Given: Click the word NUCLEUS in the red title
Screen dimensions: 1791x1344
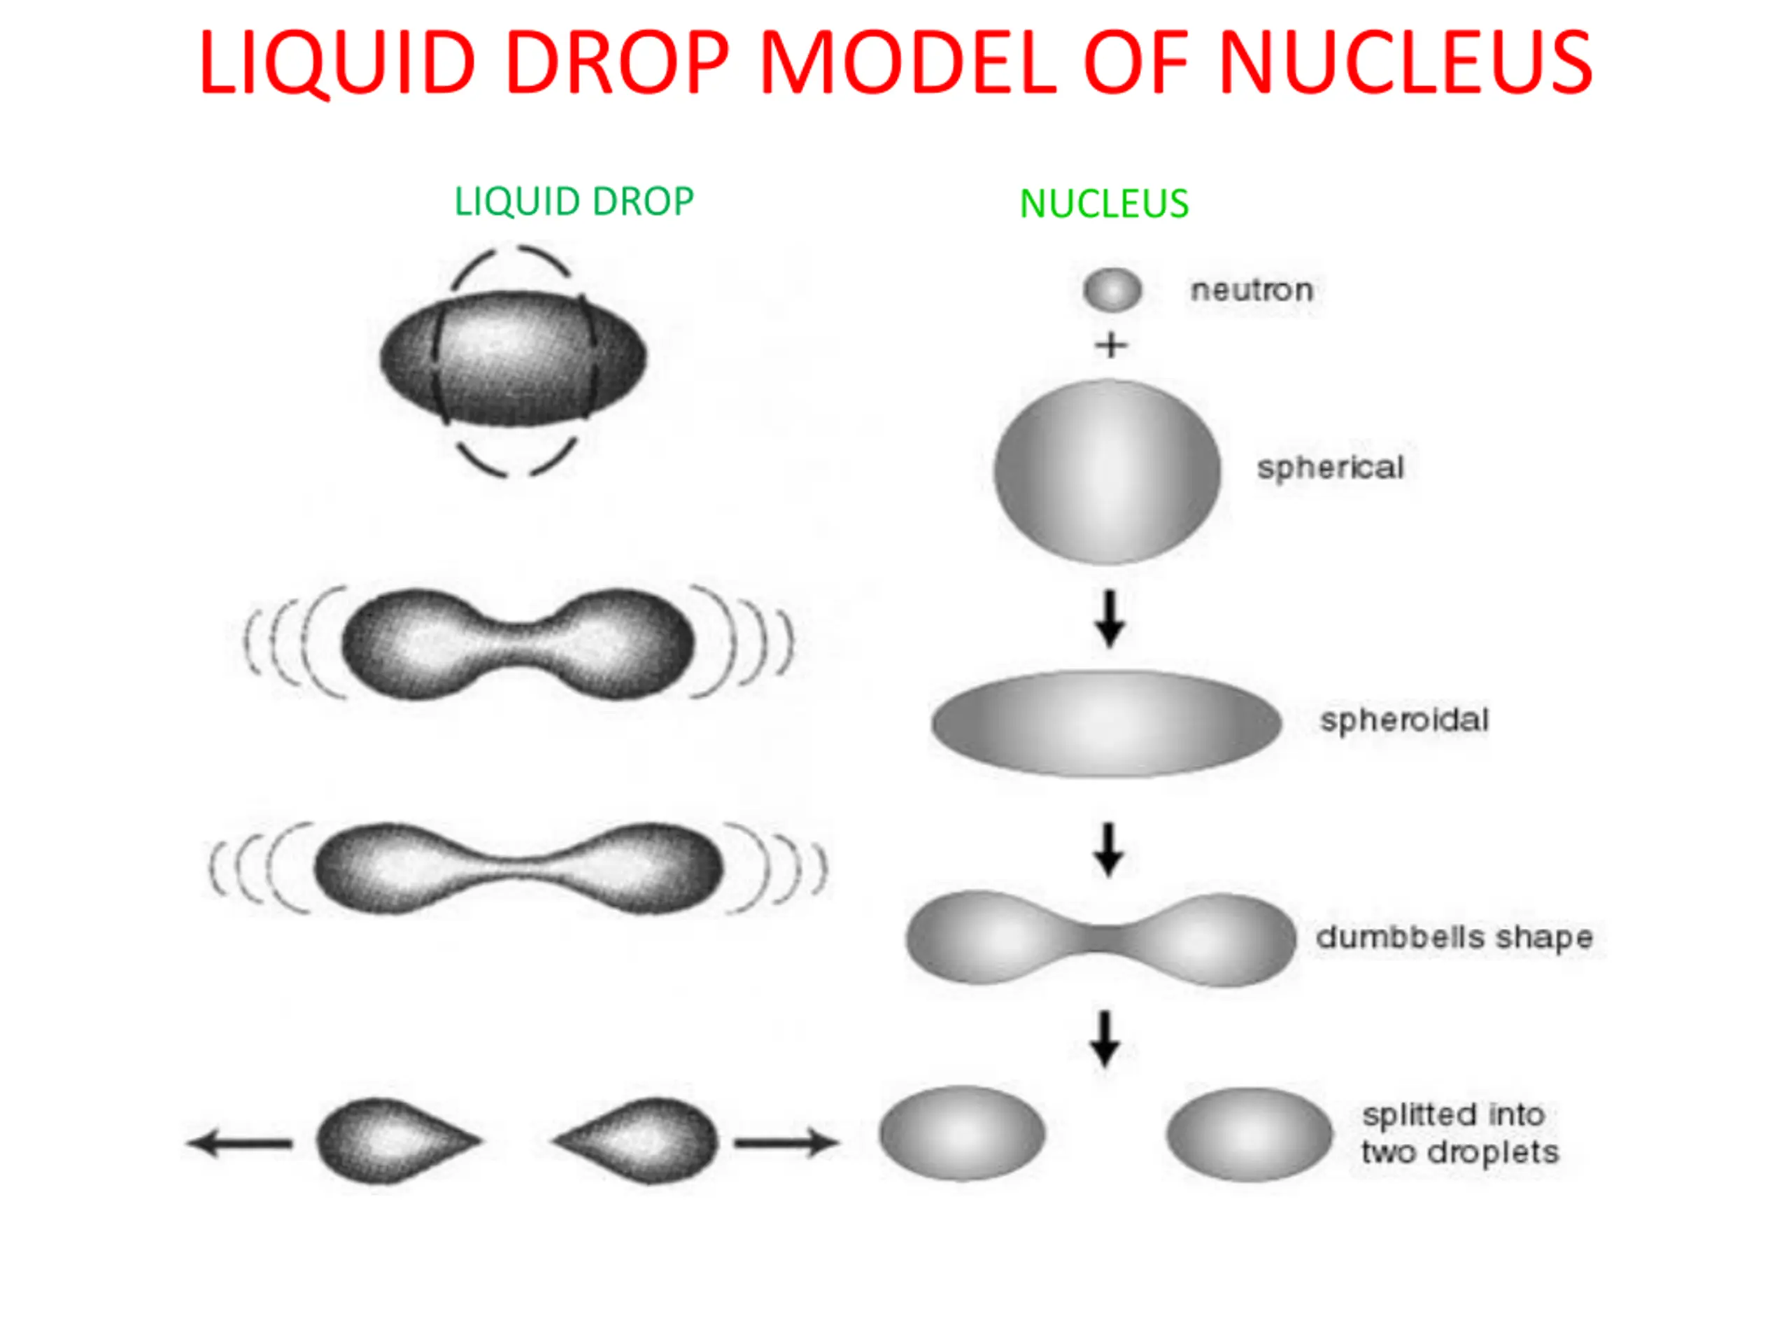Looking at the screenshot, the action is [1406, 62].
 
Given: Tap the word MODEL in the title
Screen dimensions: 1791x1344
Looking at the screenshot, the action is [907, 62].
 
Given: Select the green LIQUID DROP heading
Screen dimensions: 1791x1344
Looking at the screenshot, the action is [574, 202].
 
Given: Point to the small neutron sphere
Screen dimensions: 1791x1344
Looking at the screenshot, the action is [1112, 290].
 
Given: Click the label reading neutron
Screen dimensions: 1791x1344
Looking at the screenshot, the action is [1252, 290].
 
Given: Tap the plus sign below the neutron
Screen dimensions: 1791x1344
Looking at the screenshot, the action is [1112, 345].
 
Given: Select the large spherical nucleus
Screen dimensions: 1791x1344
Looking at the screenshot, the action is [1107, 472].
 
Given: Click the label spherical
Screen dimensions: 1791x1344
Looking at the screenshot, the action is [1330, 468].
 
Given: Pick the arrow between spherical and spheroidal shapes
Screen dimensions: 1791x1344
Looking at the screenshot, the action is [1110, 619].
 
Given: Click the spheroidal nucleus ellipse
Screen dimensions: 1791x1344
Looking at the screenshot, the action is [1107, 723].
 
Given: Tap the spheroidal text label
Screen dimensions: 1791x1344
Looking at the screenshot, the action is [1405, 720].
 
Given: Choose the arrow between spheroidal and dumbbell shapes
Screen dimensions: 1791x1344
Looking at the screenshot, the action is [1108, 850].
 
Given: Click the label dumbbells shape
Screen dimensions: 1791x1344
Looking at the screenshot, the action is [1454, 937].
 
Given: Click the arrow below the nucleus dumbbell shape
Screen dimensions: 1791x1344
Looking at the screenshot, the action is [1105, 1039].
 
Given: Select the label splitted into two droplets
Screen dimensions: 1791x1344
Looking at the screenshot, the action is [1460, 1133].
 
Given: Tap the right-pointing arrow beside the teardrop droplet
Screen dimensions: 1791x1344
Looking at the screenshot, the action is [787, 1143].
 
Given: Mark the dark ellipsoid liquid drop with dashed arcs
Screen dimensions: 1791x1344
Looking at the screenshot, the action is [514, 358].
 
